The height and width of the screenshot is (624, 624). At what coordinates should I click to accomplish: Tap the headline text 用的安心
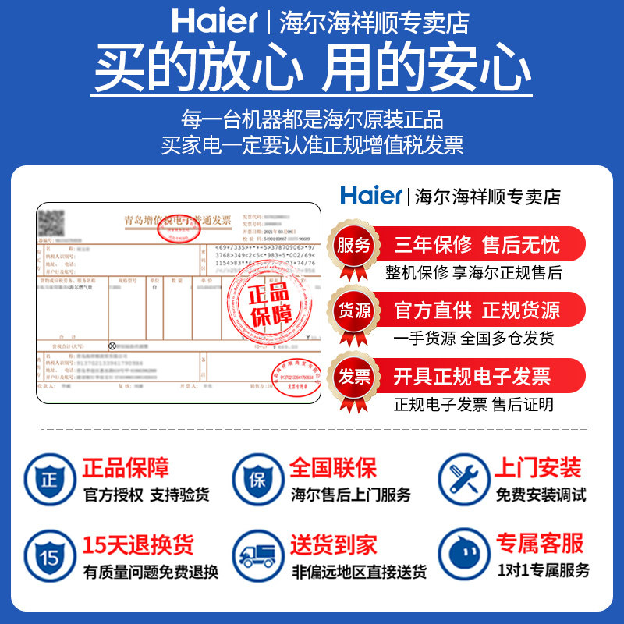(427, 69)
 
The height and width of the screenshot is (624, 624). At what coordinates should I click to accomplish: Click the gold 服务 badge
(353, 245)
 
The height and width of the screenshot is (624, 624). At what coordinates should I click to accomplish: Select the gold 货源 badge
(353, 310)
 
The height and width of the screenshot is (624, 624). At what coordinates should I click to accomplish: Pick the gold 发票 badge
(353, 377)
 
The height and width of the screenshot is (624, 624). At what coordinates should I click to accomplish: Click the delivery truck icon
(258, 557)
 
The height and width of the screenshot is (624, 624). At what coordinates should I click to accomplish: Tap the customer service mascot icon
(463, 557)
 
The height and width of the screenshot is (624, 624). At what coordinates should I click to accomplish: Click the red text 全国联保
(333, 468)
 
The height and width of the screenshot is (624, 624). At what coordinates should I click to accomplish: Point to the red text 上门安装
(538, 468)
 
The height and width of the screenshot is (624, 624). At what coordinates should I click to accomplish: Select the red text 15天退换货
(138, 544)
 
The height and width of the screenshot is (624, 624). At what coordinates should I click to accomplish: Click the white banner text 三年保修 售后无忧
(477, 245)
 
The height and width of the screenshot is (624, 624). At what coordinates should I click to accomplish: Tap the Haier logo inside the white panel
(371, 195)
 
